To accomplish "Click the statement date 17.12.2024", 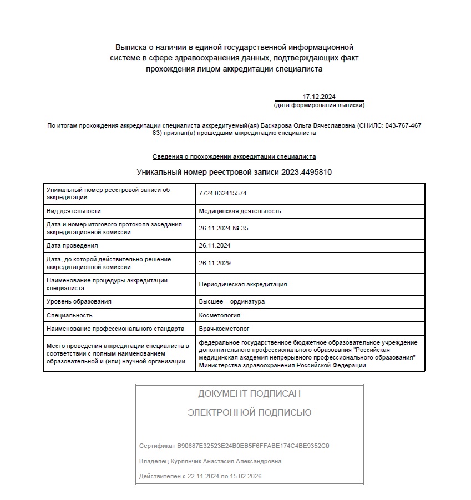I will click(x=319, y=97).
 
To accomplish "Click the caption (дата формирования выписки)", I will click(x=319, y=105).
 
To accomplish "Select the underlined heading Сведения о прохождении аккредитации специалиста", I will click(x=234, y=157).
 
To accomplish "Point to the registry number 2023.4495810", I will click(x=306, y=172).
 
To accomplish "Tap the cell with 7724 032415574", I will click(x=222, y=194).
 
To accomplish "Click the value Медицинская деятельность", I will click(x=240, y=211).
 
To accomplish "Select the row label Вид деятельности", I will click(x=74, y=211).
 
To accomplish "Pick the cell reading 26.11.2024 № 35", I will click(x=223, y=228).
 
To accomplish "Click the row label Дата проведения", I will click(x=72, y=245).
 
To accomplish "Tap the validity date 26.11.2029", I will click(x=215, y=263).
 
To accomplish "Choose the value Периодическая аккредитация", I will click(x=243, y=284).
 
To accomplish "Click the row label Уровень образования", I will click(x=79, y=301).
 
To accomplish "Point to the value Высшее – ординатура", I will click(x=231, y=301).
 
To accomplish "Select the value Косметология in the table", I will click(x=219, y=315).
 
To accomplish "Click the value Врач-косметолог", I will click(x=224, y=329).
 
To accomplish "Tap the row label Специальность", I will click(x=69, y=315).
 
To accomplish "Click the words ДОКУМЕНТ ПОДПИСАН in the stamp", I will click(x=249, y=394).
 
